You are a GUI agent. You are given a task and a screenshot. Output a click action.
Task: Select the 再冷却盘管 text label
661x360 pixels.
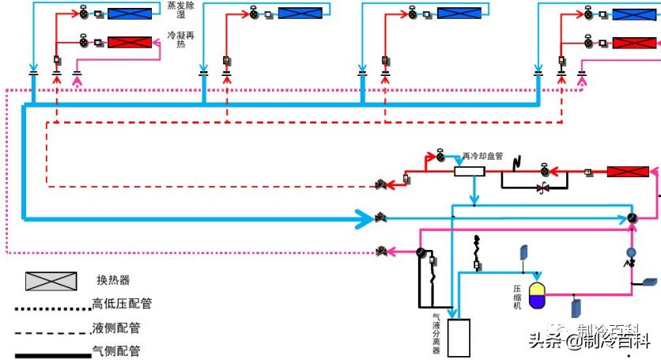click(x=482, y=155)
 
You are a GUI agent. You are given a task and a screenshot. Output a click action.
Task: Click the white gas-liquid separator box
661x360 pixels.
click(x=459, y=337)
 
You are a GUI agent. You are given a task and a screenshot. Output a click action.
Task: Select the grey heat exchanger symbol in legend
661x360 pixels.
click(x=51, y=281)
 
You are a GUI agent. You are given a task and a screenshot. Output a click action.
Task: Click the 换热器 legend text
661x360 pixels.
click(x=113, y=281)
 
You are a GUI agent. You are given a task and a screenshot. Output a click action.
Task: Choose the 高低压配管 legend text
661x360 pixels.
click(x=122, y=303)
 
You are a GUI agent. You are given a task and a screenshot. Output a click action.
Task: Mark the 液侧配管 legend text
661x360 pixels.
click(x=116, y=328)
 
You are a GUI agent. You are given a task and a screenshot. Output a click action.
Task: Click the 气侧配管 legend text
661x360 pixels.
click(x=116, y=351)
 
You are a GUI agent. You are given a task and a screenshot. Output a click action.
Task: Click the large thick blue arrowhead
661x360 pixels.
click(x=364, y=216)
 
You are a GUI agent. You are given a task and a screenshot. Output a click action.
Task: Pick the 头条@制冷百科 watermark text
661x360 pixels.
click(x=588, y=342)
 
